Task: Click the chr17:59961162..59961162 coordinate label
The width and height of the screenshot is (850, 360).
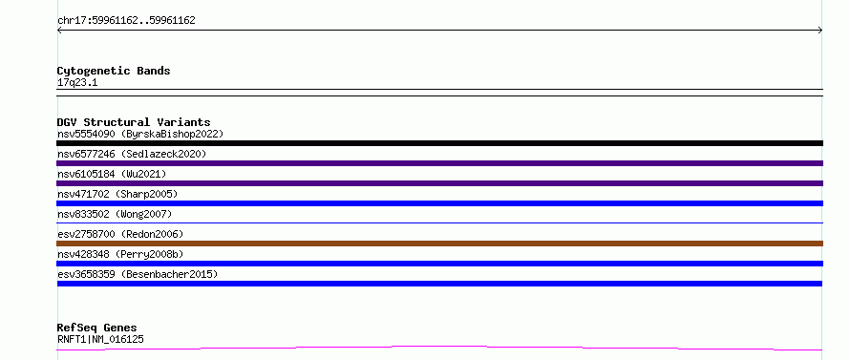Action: point(126,21)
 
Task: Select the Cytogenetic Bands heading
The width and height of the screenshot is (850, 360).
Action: point(114,71)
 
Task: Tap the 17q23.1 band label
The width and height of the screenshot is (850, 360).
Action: point(77,83)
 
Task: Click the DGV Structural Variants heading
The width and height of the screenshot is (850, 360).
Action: point(134,122)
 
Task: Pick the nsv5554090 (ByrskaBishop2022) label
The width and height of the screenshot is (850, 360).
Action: point(140,134)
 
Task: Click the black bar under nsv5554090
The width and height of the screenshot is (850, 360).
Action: point(439,143)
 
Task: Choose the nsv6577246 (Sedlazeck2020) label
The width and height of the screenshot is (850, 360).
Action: point(132,154)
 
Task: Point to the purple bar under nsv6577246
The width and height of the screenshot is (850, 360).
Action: point(439,163)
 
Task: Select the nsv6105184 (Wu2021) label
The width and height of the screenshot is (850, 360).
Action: point(112,174)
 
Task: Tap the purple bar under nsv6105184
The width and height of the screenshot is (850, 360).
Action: point(439,183)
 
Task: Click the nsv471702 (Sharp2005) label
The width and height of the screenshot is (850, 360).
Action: point(117,194)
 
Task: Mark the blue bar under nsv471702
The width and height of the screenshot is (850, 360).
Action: point(439,203)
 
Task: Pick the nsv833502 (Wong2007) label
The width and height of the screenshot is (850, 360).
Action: point(115,214)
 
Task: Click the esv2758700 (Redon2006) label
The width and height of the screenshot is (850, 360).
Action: point(120,234)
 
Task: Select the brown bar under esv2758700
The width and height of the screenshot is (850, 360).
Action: point(439,244)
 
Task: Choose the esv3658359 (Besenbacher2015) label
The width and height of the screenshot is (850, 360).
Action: point(138,274)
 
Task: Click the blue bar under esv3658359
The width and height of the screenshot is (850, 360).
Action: point(439,284)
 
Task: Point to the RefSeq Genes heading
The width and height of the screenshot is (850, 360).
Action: point(97,328)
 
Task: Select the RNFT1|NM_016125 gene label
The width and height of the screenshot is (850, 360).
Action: point(101,339)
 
